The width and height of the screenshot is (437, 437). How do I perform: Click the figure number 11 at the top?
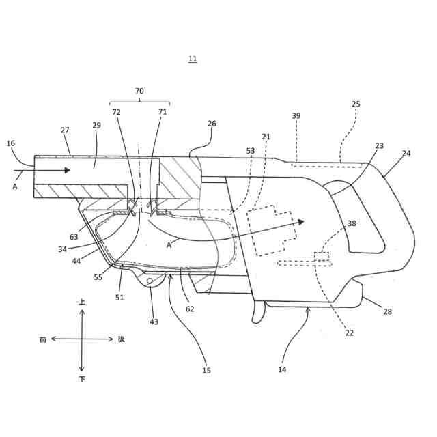(x=193, y=59)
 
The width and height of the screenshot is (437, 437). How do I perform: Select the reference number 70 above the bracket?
(x=139, y=91)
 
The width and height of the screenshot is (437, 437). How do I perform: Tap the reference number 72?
(x=116, y=111)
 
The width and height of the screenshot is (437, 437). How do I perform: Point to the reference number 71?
(x=163, y=111)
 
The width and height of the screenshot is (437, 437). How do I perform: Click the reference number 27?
(x=65, y=130)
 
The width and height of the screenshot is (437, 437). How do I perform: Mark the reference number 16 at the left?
(x=10, y=144)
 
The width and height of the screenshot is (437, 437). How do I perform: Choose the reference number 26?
(x=212, y=124)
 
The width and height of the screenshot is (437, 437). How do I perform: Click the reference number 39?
(x=296, y=116)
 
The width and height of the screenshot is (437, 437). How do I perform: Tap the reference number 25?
(x=356, y=104)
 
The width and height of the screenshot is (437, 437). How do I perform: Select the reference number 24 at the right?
(x=406, y=154)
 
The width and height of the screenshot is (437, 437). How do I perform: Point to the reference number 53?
(x=250, y=150)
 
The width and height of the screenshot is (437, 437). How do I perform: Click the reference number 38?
(x=352, y=223)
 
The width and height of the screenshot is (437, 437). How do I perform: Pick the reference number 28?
(x=387, y=311)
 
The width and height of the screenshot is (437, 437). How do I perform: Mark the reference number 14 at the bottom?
(x=282, y=369)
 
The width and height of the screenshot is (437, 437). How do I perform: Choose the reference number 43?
(x=154, y=322)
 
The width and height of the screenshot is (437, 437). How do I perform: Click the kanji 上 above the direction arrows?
(x=82, y=301)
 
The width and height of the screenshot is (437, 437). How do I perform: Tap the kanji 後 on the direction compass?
(x=122, y=339)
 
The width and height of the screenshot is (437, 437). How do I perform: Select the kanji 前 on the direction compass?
(x=42, y=339)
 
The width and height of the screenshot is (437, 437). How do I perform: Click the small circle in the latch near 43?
(x=150, y=281)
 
